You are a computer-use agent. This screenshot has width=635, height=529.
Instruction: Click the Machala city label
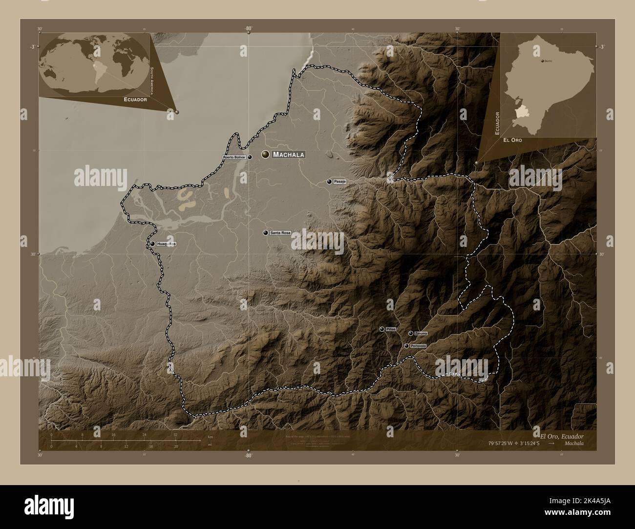coord(289,155)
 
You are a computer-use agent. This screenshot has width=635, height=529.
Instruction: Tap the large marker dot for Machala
coord(266,154)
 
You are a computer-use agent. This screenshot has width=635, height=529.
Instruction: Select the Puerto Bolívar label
coord(234,158)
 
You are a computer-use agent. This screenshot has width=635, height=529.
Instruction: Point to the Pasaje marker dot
coord(330,182)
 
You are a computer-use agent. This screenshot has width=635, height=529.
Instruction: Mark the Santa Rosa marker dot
coord(265,233)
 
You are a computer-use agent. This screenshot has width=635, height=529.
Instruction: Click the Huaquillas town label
coord(166,244)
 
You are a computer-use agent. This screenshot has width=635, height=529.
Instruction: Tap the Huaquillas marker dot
coord(152,244)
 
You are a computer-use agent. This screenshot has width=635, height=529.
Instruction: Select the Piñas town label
coord(390,329)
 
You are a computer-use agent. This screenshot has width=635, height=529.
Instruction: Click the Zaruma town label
coord(421,333)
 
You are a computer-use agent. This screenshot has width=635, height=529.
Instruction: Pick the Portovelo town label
coord(419,346)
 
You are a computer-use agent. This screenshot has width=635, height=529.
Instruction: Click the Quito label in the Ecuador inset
coord(548,61)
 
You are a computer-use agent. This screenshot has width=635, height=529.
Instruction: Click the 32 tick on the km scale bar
coord(175,434)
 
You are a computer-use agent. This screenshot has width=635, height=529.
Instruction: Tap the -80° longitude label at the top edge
coord(248,29)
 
